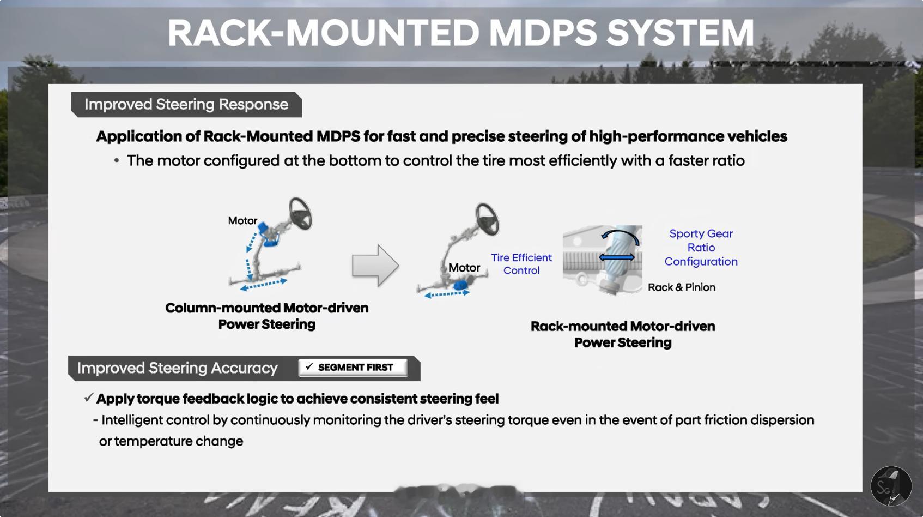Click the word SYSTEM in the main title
tap(680, 33)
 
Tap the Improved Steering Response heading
tap(186, 104)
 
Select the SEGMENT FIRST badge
tap(353, 368)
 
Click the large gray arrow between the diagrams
tap(375, 265)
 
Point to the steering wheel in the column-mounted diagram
tap(300, 213)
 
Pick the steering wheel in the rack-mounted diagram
tap(487, 219)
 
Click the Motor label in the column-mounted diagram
tap(242, 220)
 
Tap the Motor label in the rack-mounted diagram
tap(464, 268)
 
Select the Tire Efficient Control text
tap(521, 264)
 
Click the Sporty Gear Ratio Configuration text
tap(701, 248)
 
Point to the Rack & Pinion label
tap(682, 287)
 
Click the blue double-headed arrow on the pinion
tap(617, 257)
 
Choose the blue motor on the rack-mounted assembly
tap(460, 285)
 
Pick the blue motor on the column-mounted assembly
tap(268, 235)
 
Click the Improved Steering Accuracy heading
tap(177, 368)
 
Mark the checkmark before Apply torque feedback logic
tap(88, 398)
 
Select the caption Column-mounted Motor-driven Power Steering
tap(266, 316)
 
